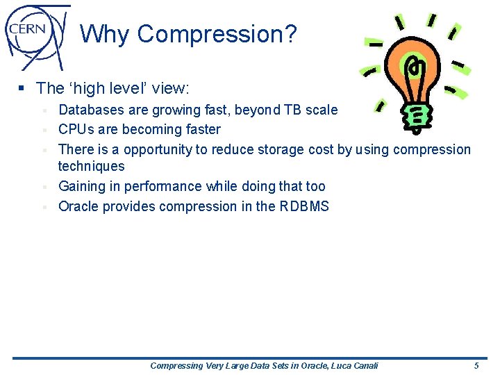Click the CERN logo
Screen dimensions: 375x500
(37, 35)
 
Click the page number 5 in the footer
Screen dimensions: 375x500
(476, 365)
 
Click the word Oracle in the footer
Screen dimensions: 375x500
(293, 365)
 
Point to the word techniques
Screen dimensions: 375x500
(91, 166)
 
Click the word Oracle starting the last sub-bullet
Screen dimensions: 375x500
(78, 206)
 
